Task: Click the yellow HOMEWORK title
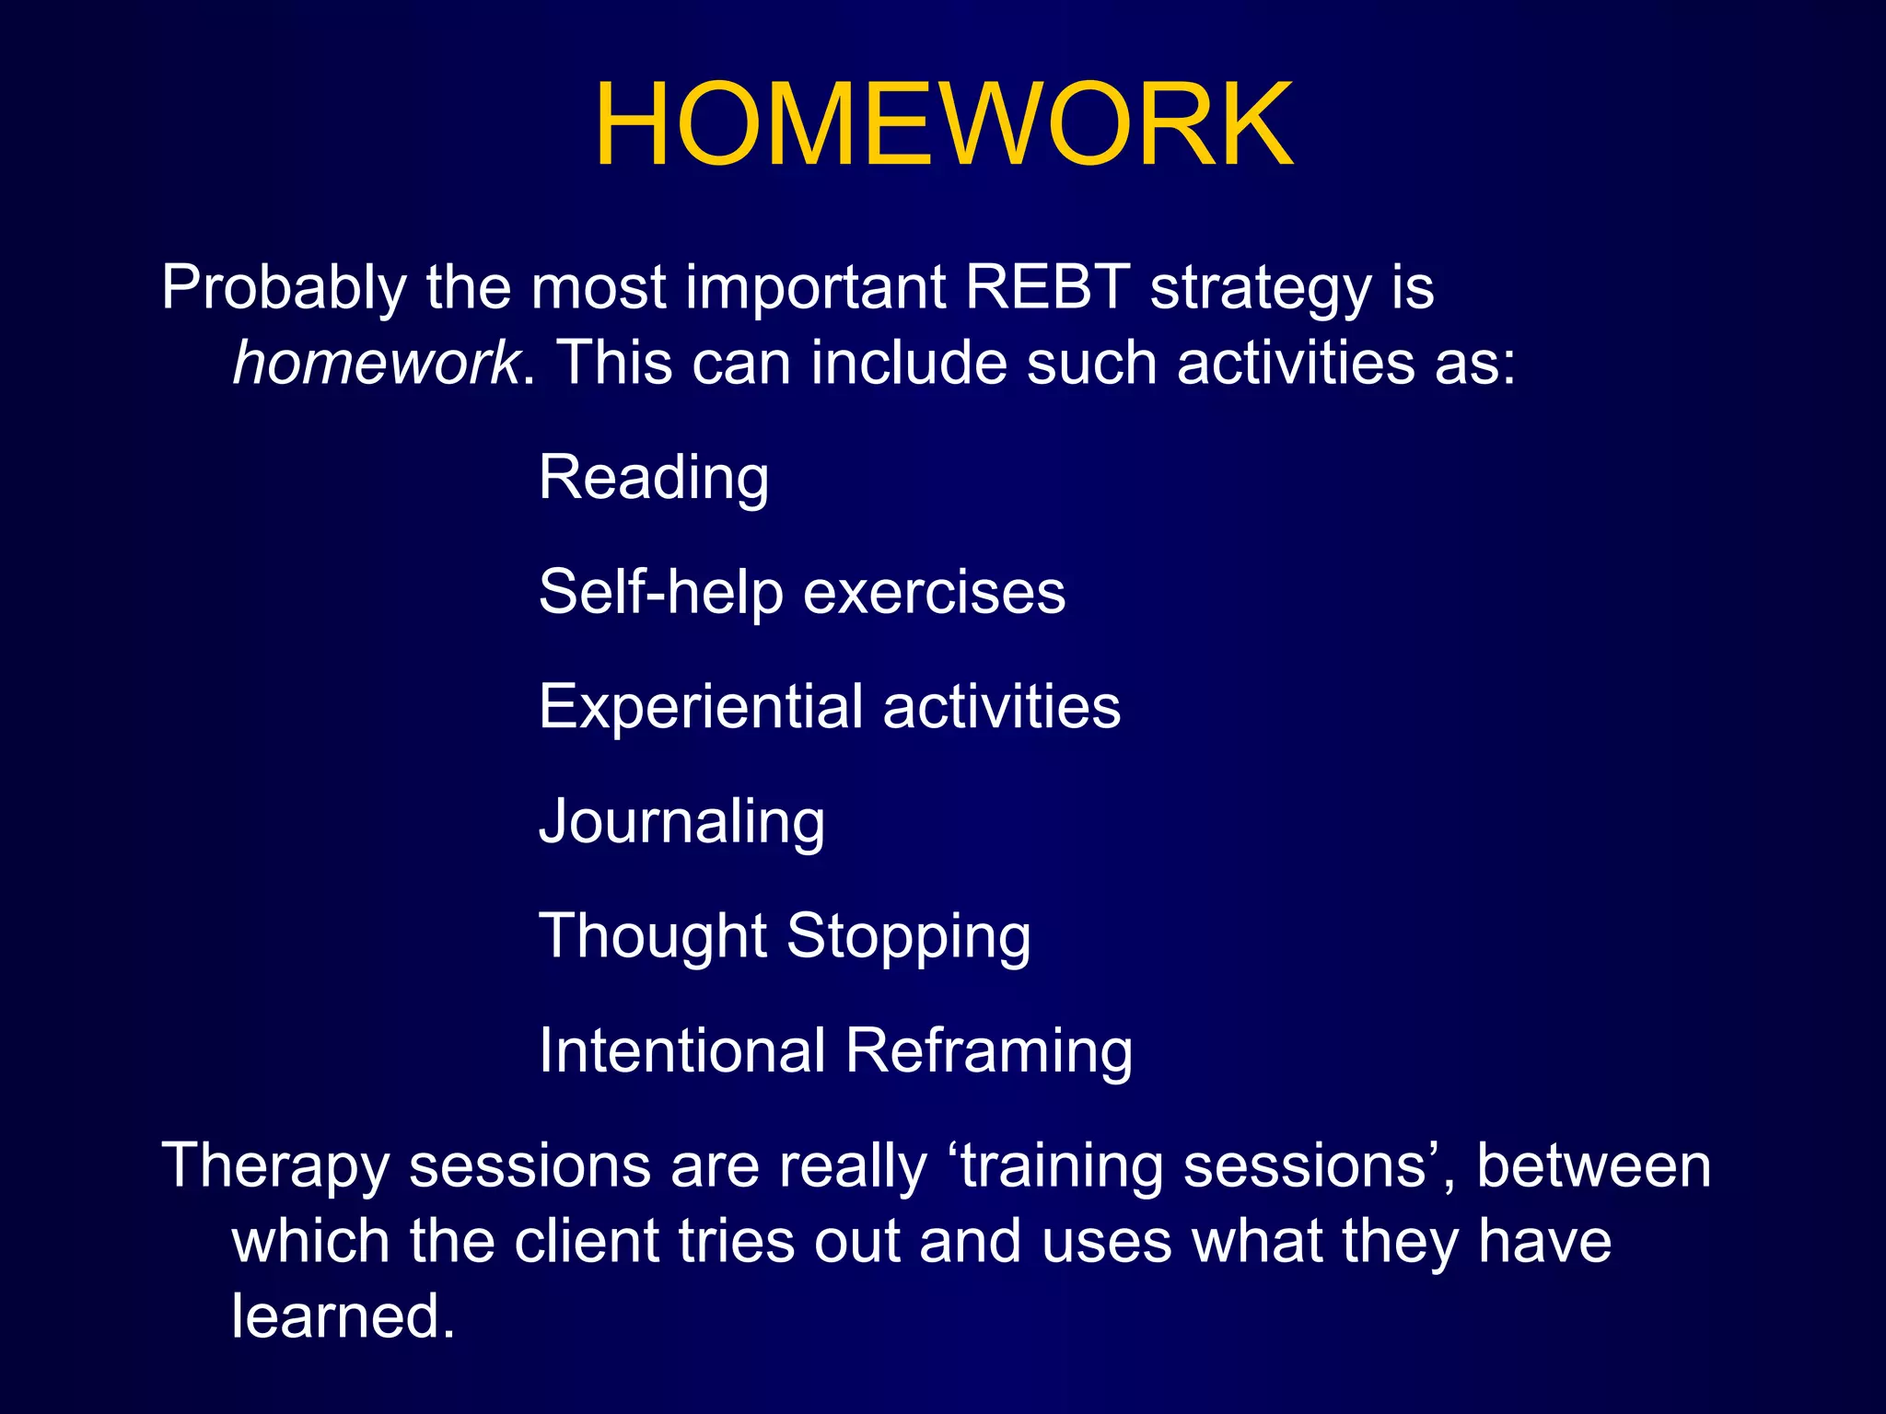(x=943, y=124)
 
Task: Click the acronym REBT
(x=1047, y=287)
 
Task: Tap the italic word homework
(x=376, y=362)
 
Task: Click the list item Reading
(x=654, y=478)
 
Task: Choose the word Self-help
(x=660, y=591)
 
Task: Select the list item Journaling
(x=681, y=822)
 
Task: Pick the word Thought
(x=652, y=936)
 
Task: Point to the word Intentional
(x=682, y=1050)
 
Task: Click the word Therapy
(x=275, y=1167)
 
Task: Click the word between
(x=1593, y=1165)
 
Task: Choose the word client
(x=587, y=1241)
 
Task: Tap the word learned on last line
(x=343, y=1315)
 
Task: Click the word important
(x=815, y=289)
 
